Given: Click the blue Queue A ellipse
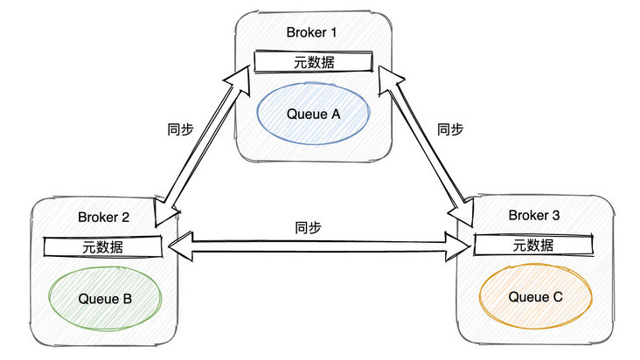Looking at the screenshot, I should (312, 114).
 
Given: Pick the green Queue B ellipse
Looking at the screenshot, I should (104, 299).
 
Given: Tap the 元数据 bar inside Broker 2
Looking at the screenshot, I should (103, 246).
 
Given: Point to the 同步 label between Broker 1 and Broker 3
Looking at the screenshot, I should (449, 128).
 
